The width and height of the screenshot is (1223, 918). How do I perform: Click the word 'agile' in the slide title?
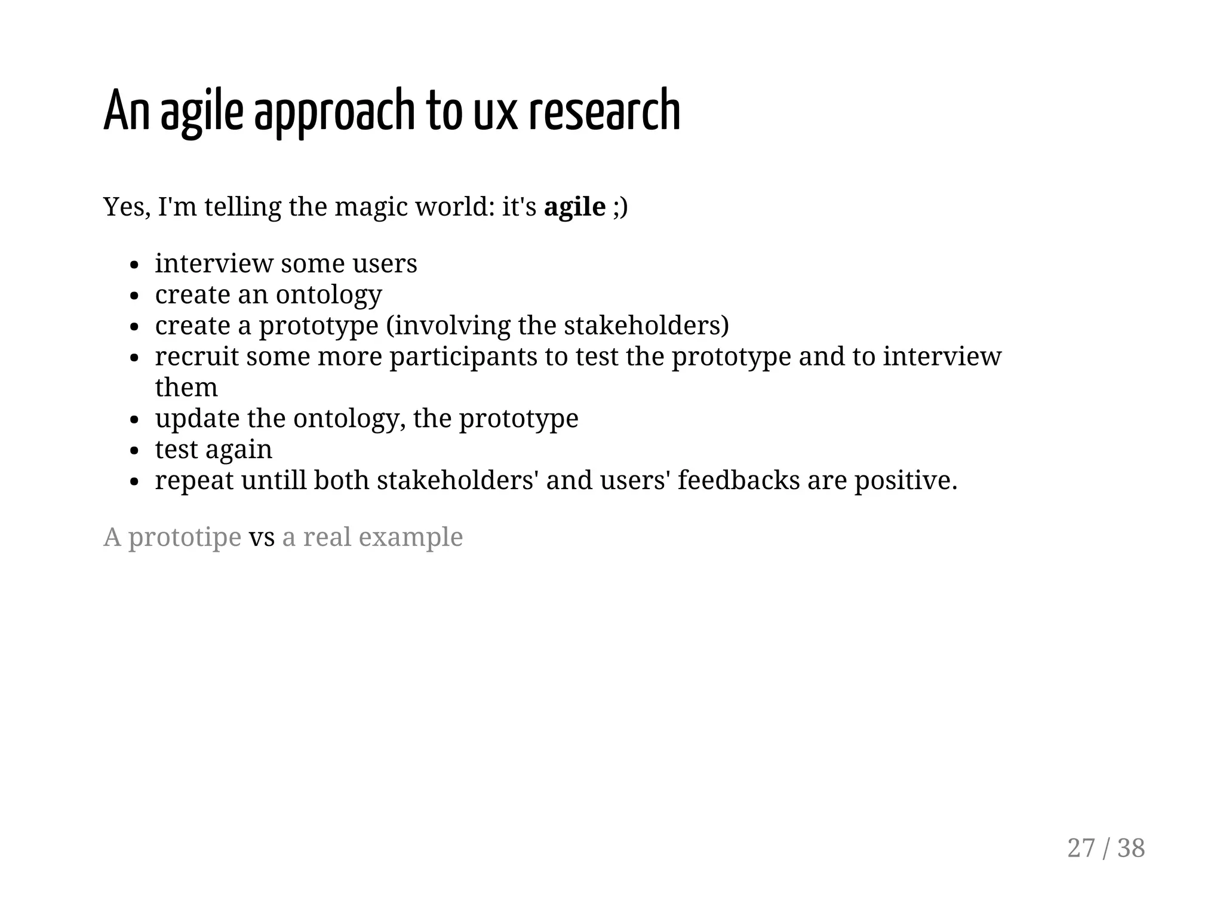[202, 111]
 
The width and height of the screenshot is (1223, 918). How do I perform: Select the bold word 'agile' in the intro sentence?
[574, 207]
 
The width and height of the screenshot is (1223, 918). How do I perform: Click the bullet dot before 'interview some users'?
[134, 265]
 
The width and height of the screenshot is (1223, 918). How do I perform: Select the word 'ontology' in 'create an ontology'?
[328, 295]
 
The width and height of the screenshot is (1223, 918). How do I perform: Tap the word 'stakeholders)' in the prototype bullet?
[646, 326]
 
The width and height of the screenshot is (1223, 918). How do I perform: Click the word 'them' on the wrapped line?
[186, 388]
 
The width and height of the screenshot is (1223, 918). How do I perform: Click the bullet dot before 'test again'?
[134, 450]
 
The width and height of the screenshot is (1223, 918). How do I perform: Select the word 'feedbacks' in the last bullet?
[738, 480]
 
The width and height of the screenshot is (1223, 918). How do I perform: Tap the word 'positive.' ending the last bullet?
[905, 480]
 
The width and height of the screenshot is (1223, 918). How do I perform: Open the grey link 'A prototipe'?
[172, 537]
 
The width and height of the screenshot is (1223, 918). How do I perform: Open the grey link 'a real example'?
[372, 537]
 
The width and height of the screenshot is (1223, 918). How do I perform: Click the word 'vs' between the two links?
[262, 537]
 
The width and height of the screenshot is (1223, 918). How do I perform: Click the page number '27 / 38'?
[1105, 848]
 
